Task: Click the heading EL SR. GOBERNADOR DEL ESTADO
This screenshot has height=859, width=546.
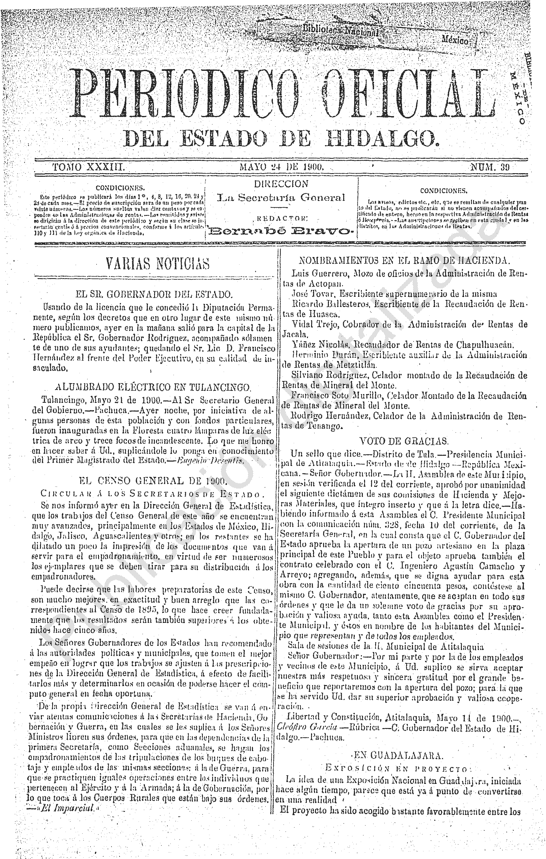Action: (154, 295)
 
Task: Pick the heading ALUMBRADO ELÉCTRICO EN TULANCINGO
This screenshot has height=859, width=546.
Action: (154, 387)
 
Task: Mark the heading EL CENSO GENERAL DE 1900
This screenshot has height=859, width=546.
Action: (153, 481)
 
